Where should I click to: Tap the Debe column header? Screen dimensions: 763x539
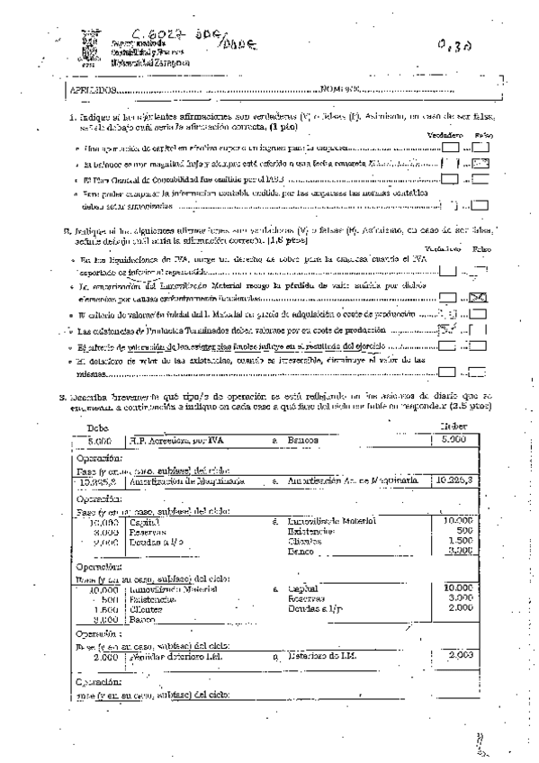(93, 426)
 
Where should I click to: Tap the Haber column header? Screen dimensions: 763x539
(454, 426)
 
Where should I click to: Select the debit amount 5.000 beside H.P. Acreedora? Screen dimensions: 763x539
(95, 440)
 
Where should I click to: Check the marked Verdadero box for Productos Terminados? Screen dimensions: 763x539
(448, 330)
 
